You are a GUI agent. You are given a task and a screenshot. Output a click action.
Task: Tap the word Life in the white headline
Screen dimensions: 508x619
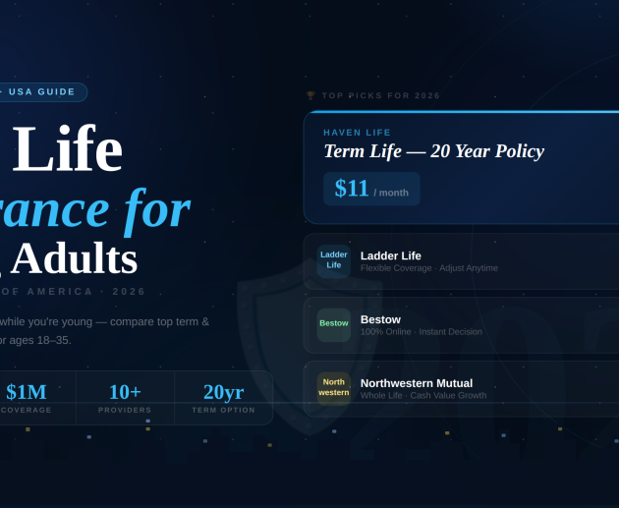67,149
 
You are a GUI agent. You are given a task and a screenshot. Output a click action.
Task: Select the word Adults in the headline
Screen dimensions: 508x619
74,258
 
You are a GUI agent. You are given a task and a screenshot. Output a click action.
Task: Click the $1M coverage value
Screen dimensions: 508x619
27,392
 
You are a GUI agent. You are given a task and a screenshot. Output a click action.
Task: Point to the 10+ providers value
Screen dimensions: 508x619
125,392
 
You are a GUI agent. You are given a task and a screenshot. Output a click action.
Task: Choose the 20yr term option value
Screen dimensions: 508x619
223,392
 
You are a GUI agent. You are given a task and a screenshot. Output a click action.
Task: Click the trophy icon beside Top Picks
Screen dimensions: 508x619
310,96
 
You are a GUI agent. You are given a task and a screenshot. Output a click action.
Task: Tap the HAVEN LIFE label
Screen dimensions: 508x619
357,133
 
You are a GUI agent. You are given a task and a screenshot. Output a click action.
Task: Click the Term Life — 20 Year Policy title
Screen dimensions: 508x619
433,151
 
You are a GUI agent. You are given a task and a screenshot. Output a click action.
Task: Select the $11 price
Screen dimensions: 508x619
352,189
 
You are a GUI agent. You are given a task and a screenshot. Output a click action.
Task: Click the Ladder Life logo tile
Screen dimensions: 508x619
334,260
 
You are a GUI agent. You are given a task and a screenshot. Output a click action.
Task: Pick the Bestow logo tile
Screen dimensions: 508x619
334,323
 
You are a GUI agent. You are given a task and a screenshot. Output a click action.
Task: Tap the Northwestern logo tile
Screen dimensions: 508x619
334,387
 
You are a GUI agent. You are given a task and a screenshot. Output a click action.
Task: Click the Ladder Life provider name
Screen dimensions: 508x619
390,255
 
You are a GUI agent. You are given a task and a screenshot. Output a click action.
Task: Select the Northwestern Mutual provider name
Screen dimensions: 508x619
416,383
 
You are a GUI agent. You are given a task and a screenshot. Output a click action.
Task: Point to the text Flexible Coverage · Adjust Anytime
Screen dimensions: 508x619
428,268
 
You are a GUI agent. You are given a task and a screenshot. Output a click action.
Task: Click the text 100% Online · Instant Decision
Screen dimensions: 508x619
421,332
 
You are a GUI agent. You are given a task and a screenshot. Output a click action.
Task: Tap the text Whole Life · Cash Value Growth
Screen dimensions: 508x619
422,395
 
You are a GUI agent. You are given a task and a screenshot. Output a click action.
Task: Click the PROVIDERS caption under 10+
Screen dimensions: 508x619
125,410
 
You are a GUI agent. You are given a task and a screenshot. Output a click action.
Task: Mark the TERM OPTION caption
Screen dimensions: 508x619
223,410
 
